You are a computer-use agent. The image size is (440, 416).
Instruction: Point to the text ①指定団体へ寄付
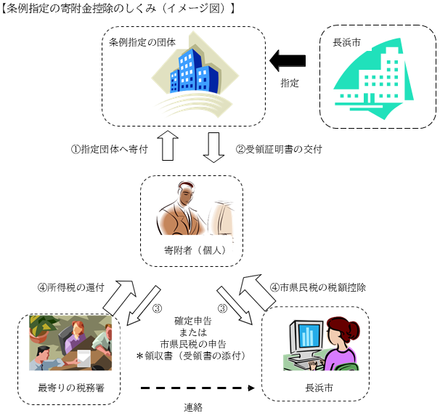109,149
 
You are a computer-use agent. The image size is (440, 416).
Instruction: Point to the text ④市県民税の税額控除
317,287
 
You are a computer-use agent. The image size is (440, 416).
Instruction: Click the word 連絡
193,407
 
